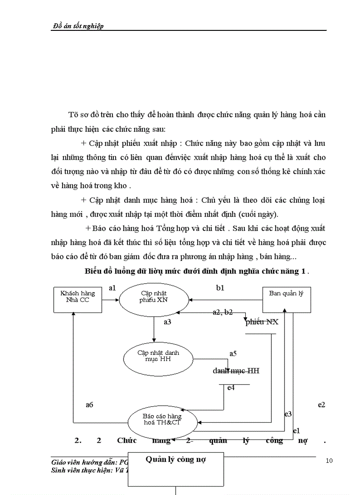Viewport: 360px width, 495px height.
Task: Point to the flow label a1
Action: [112, 288]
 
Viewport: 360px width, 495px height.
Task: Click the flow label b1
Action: [220, 288]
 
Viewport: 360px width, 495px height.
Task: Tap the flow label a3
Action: [167, 322]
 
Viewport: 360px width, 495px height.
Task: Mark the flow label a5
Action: [233, 354]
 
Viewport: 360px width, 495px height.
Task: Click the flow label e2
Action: [322, 404]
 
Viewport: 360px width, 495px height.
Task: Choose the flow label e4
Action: [231, 388]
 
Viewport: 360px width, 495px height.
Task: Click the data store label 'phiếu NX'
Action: [262, 322]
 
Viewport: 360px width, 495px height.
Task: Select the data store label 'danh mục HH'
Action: [236, 371]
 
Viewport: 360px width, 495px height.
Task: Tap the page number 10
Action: [329, 461]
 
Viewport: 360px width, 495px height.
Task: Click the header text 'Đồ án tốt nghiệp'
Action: [78, 26]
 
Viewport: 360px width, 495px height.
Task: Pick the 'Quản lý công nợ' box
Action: [176, 459]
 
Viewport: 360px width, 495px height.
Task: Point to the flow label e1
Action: [297, 430]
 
